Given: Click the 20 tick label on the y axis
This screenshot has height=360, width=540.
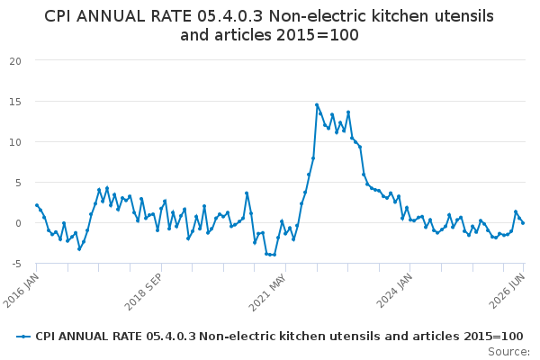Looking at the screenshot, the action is [15, 61].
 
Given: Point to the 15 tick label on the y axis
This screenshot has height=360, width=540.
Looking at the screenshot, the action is [15, 102].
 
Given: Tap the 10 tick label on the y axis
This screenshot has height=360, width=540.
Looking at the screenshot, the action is [15, 142].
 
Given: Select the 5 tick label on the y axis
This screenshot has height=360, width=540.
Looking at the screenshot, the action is [18, 183].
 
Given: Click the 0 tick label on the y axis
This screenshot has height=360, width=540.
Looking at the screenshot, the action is [18, 223].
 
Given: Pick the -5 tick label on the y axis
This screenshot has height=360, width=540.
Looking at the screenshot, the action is [16, 264].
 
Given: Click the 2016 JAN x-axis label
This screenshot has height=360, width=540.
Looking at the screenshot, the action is [22, 291].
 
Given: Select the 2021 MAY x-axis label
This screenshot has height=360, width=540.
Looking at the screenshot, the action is [267, 292].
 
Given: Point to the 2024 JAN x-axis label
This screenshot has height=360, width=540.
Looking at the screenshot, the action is [394, 291].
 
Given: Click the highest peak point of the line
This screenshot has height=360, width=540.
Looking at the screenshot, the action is [317, 104].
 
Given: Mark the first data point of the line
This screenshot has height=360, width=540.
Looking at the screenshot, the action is [37, 205].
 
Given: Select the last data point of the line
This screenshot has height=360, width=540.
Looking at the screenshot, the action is [523, 223].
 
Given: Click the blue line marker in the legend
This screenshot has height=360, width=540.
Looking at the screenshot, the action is [23, 337].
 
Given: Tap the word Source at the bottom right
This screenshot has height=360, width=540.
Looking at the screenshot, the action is [508, 352].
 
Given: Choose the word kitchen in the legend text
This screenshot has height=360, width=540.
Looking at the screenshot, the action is [302, 337].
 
